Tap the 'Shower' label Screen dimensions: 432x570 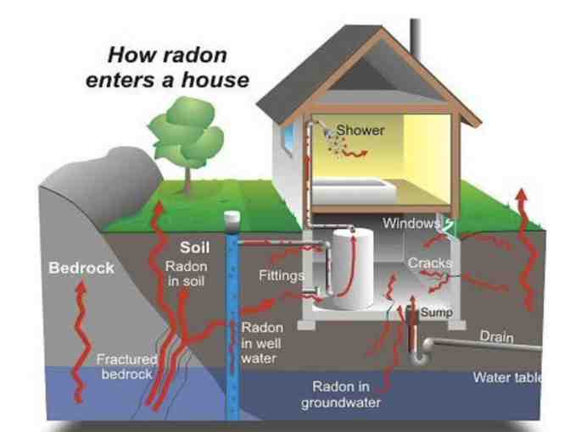click(x=360, y=130)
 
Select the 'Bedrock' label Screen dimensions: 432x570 click(x=81, y=269)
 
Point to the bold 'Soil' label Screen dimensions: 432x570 click(x=194, y=249)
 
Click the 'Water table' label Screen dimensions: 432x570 click(x=506, y=377)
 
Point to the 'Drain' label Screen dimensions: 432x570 click(x=496, y=336)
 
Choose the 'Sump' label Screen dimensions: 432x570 click(x=438, y=313)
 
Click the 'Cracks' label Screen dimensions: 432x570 click(x=429, y=263)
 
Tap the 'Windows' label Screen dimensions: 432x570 click(x=411, y=224)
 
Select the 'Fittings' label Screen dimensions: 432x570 click(x=280, y=275)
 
